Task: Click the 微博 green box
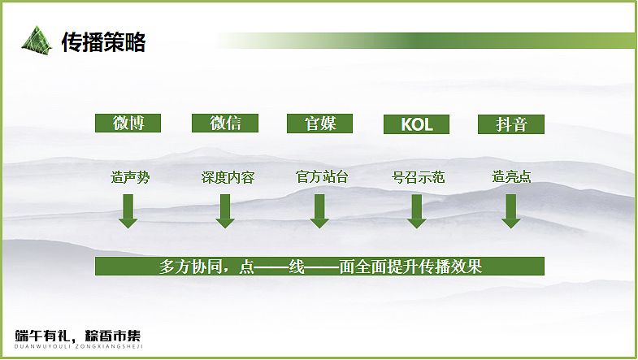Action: tap(128, 124)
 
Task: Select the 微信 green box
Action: tap(224, 124)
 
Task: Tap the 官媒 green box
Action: tap(320, 124)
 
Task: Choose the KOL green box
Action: tap(417, 124)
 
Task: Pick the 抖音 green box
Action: tap(511, 124)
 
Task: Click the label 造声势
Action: tap(130, 177)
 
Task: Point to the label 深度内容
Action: tap(228, 177)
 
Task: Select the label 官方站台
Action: tap(322, 177)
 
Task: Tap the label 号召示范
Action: tap(418, 177)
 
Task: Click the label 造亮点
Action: tap(512, 177)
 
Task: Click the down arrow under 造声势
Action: tap(128, 211)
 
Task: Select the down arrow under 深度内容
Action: tap(225, 211)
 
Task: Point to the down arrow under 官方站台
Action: tap(319, 211)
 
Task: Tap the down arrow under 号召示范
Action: tap(417, 211)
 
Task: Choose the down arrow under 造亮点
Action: tap(510, 211)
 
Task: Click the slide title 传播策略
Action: tap(103, 41)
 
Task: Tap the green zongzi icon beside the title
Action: tap(36, 39)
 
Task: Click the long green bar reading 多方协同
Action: tap(319, 266)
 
